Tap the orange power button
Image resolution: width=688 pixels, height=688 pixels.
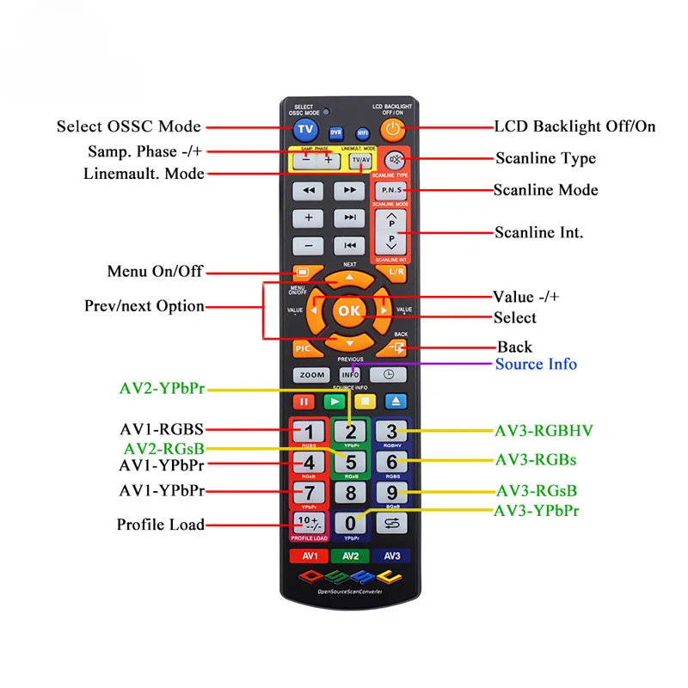(393, 129)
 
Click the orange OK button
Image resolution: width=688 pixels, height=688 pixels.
(349, 310)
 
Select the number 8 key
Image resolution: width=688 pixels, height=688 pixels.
(350, 493)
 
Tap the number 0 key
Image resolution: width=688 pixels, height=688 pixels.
(350, 523)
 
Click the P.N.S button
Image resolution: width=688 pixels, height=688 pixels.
(390, 189)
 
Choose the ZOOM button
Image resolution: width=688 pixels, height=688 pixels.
(311, 375)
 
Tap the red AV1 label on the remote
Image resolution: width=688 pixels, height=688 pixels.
(309, 556)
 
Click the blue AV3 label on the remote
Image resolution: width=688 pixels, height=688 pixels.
(390, 556)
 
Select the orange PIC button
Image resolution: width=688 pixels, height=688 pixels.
(304, 348)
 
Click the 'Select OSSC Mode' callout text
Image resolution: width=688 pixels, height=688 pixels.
(129, 126)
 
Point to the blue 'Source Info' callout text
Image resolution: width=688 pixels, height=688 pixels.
(536, 364)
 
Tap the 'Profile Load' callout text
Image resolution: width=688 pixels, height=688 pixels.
(161, 525)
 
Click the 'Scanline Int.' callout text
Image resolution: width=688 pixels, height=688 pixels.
(539, 232)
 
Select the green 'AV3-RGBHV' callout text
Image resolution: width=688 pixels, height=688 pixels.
(544, 430)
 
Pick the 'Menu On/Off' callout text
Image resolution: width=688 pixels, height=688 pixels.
(155, 271)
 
